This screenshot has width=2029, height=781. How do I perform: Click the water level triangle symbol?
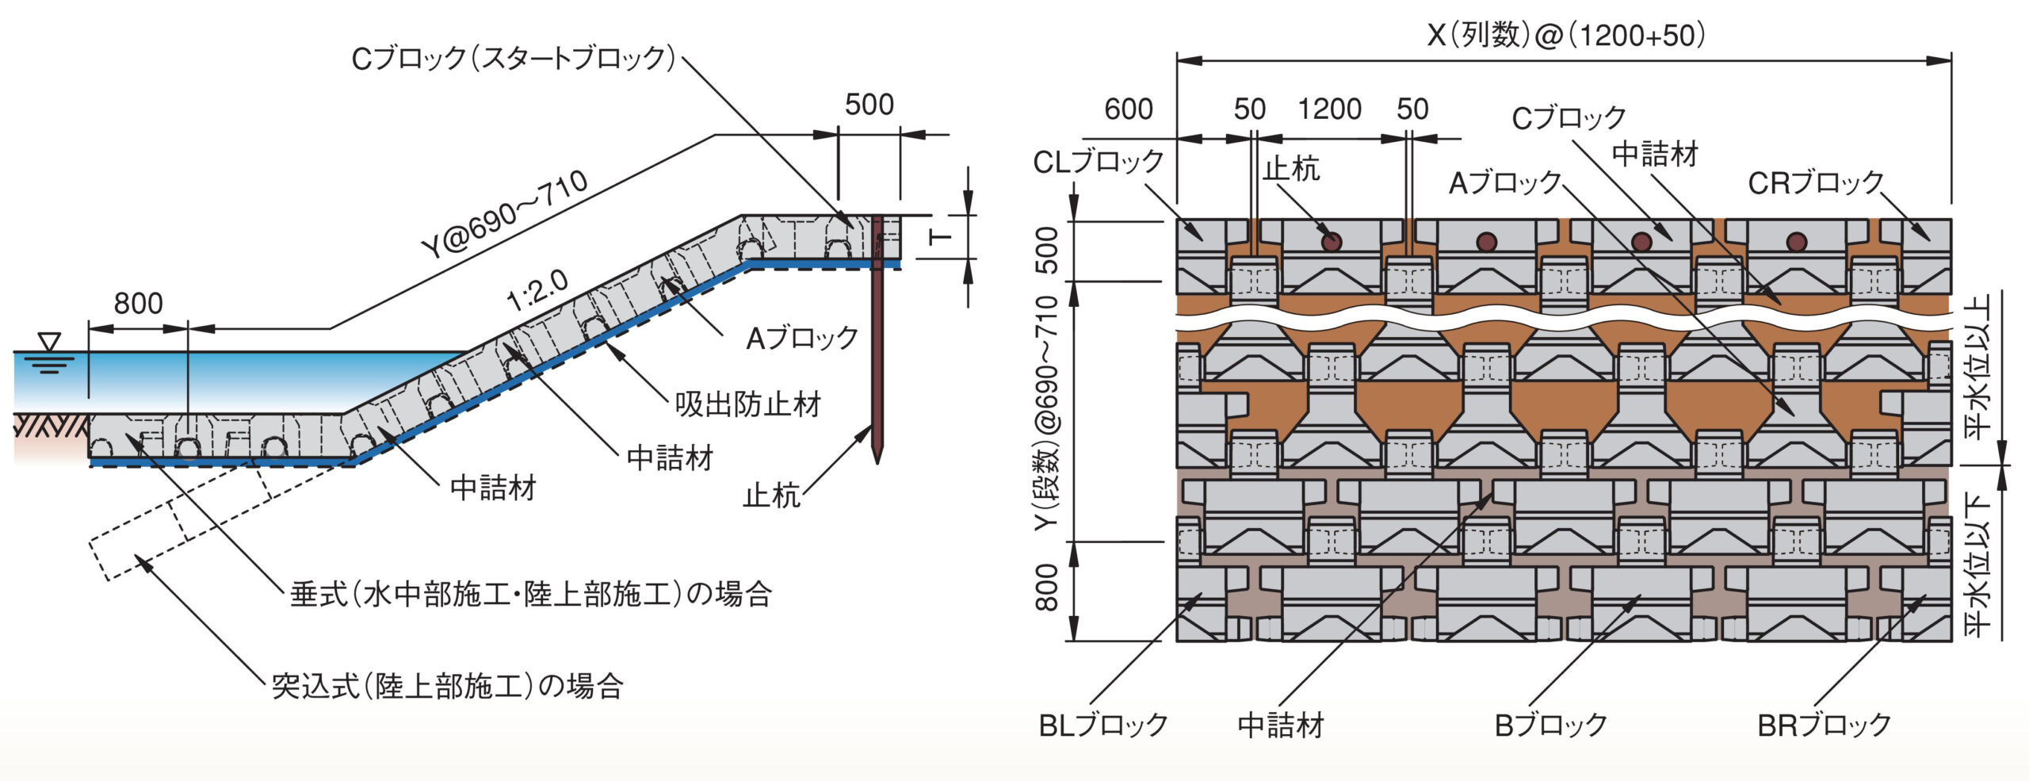[x=50, y=342]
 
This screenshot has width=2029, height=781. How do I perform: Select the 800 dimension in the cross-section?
[x=138, y=304]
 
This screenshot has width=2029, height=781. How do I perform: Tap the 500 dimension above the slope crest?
[x=869, y=105]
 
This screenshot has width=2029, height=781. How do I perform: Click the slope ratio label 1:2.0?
[x=538, y=292]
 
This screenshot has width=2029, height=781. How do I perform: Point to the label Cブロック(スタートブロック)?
[x=513, y=58]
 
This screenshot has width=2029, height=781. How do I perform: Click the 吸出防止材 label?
[x=747, y=404]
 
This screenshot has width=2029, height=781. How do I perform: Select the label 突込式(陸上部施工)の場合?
[x=447, y=686]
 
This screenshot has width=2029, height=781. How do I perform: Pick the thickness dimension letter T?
[x=941, y=237]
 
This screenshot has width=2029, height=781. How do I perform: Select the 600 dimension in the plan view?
[x=1129, y=109]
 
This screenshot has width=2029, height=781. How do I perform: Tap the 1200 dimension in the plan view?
[x=1329, y=109]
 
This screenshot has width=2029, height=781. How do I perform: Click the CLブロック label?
[x=1098, y=162]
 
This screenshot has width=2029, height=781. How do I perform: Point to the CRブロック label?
[x=1815, y=183]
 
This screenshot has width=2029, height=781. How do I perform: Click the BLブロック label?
[x=1103, y=725]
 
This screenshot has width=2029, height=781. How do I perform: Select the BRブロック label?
[x=1825, y=725]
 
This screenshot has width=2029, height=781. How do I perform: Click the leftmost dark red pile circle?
[x=1332, y=242]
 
